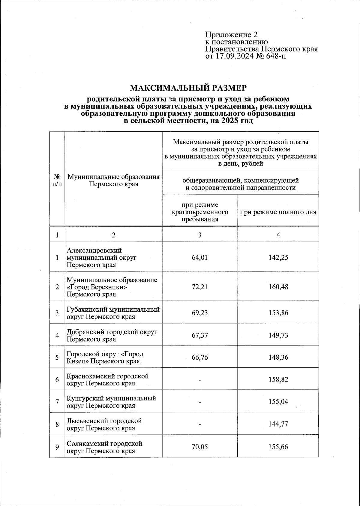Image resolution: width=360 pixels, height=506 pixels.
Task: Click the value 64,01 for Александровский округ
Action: [x=200, y=257]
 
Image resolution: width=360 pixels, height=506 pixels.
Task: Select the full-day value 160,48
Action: [x=278, y=287]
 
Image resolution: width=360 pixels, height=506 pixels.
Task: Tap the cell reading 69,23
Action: [x=200, y=313]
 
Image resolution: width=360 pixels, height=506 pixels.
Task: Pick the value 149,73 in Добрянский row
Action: [x=278, y=335]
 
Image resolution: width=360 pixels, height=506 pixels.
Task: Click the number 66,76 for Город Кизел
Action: [x=200, y=357]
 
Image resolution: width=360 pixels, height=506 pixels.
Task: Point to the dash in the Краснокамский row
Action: [x=200, y=380]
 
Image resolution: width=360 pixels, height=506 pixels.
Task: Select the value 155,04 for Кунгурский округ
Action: [x=278, y=402]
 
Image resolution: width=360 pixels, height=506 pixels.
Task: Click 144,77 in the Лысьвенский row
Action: [x=278, y=424]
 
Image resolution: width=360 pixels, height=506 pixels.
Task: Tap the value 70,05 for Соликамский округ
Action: [x=200, y=447]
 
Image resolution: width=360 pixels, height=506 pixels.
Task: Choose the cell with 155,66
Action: [x=278, y=447]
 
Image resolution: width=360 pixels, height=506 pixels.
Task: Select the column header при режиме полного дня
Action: [x=278, y=212]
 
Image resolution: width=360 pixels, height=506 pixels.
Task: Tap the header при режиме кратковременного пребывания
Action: [x=200, y=212]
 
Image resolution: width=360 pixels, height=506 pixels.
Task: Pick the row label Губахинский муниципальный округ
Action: [x=113, y=313]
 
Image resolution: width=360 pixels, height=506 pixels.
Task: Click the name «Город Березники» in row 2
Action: [x=97, y=287]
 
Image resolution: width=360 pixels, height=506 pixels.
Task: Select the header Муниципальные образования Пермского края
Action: [x=113, y=180]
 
